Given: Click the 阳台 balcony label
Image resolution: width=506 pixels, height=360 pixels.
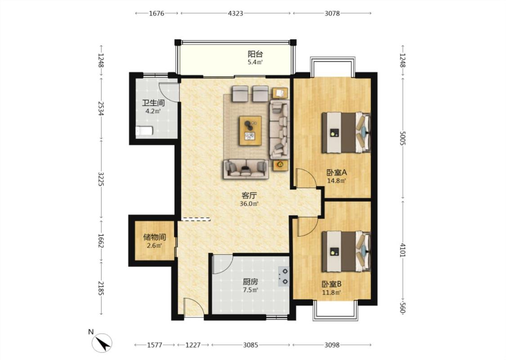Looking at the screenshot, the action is [x=255, y=54].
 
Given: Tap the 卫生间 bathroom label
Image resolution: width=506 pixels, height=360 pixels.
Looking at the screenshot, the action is [x=154, y=103].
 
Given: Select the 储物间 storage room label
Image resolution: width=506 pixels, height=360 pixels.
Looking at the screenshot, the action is [x=155, y=237].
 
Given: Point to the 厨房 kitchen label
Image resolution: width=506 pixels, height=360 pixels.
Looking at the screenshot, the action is [x=251, y=282].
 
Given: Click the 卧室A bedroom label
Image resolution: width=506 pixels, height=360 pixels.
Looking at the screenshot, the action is [x=336, y=172].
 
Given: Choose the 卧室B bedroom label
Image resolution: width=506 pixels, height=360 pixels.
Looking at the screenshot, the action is [x=331, y=284].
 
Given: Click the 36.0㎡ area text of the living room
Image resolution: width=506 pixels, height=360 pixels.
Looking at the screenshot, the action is [x=249, y=204].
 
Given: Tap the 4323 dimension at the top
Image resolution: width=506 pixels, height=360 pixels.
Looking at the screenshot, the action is [x=236, y=13].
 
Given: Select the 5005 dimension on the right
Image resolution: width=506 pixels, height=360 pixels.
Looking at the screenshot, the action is [x=402, y=138].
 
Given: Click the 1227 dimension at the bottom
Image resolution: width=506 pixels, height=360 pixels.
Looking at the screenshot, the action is [x=193, y=345].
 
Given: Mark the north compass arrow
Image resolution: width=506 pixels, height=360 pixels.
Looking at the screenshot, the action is [x=103, y=344].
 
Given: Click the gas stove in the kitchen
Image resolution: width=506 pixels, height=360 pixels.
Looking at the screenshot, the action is [x=284, y=276].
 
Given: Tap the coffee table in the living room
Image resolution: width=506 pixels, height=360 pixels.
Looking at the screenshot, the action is [x=251, y=131].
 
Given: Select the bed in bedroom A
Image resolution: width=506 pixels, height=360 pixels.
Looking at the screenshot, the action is [x=346, y=132].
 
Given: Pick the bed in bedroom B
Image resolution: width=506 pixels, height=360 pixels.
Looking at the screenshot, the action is [x=346, y=251].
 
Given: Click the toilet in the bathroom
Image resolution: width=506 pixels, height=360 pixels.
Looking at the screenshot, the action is [x=144, y=131].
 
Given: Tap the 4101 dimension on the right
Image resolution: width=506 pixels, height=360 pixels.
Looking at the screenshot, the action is [x=402, y=250].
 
